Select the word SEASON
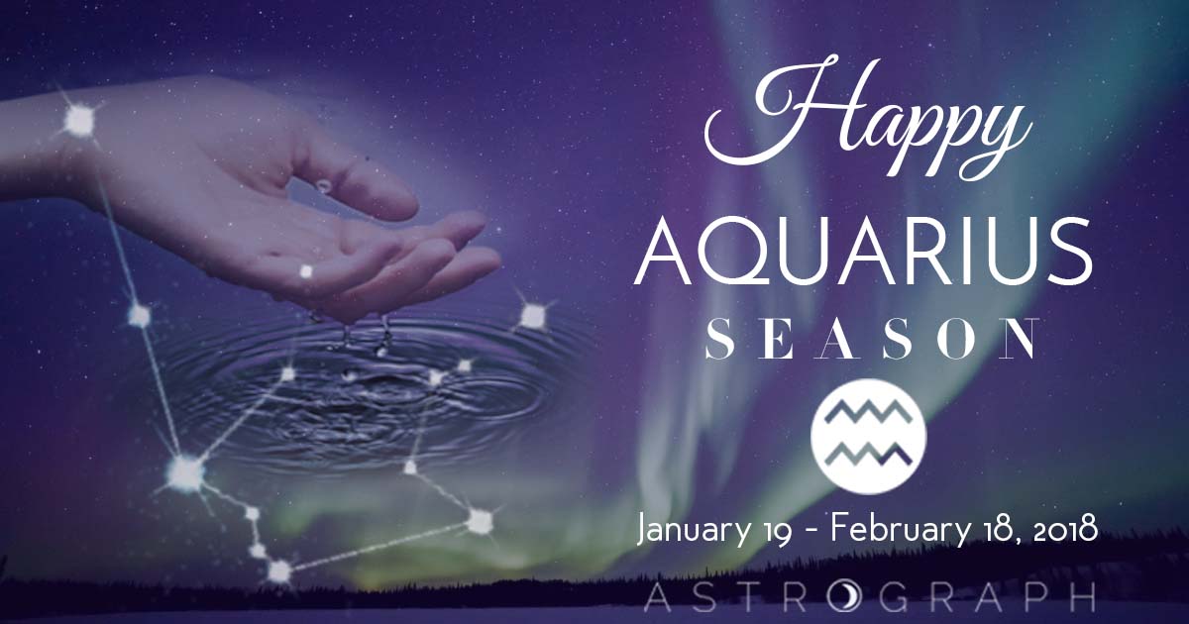tap(871, 339)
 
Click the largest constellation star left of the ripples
tap(184, 472)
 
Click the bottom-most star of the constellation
tap(279, 571)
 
